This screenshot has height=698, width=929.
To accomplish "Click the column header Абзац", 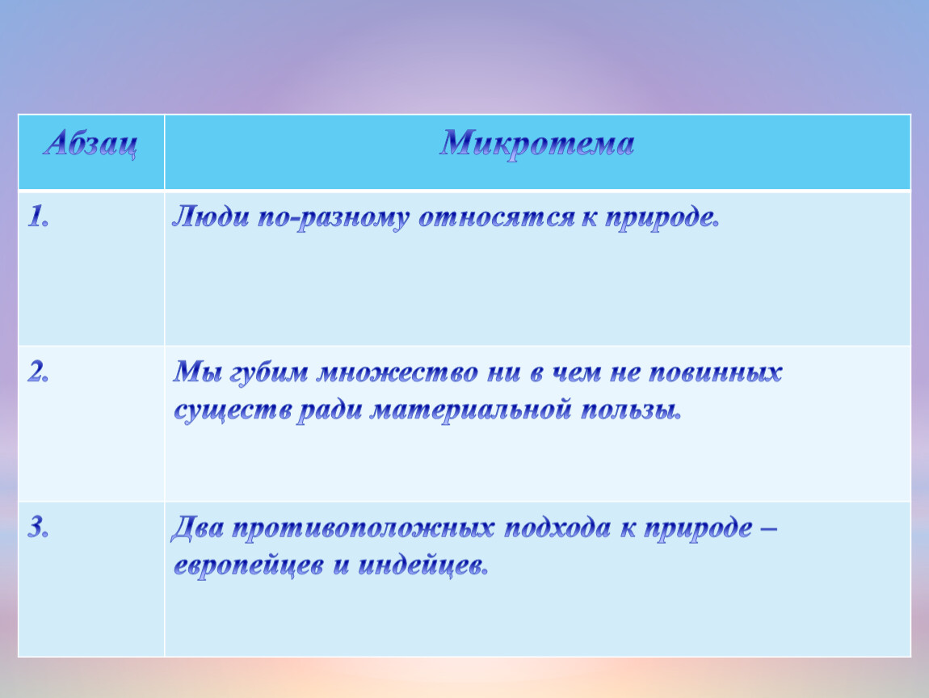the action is point(90,144).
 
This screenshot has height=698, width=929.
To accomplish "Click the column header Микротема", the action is point(536,144).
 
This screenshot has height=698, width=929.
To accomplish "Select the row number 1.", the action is point(38,217).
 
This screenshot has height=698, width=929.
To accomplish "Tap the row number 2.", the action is point(38,372).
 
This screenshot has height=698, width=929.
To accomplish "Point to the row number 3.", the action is point(38,528).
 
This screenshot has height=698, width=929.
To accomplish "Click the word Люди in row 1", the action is point(211,217).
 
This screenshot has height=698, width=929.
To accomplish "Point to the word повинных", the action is point(716,373).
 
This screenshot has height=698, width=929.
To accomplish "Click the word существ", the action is point(233,411).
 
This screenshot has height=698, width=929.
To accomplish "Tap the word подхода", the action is point(557,528).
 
